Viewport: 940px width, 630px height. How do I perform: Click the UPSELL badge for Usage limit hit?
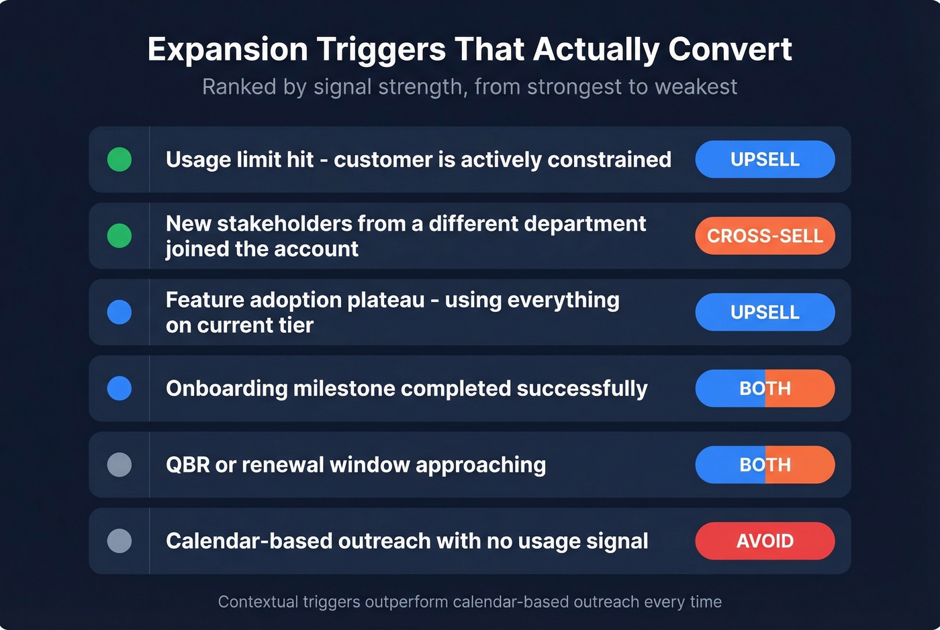click(765, 160)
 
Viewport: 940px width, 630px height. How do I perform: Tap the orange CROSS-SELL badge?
click(765, 236)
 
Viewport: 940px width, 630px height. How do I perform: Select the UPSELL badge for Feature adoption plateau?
click(765, 313)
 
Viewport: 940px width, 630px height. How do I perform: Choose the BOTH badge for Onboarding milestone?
click(765, 388)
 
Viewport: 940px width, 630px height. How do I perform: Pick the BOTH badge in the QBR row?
click(765, 465)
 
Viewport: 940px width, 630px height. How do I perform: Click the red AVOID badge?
click(765, 541)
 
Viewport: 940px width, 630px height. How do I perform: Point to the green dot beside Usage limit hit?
click(120, 160)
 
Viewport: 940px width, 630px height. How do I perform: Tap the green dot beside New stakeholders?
click(120, 236)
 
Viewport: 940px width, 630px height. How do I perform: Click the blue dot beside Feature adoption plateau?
click(120, 313)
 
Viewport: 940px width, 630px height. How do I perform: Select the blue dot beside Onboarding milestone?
click(120, 388)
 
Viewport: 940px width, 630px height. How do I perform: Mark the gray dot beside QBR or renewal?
click(120, 465)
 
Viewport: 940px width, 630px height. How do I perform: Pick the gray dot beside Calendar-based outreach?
click(120, 541)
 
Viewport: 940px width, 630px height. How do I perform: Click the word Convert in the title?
click(730, 50)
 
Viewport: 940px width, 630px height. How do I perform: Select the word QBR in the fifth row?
click(187, 465)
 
